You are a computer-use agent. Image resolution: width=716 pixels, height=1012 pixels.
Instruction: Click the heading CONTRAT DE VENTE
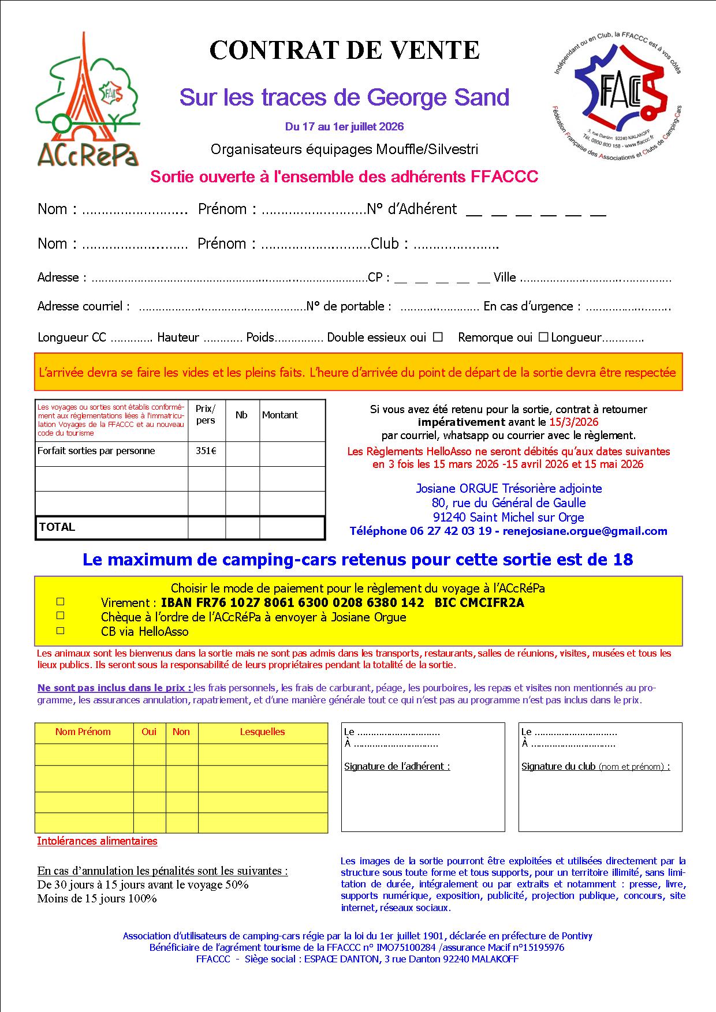[345, 51]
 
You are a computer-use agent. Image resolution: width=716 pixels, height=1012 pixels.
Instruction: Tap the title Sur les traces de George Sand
[344, 98]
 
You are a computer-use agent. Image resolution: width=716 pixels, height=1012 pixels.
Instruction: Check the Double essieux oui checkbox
[438, 336]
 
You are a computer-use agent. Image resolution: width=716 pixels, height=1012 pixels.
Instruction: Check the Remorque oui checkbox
[543, 336]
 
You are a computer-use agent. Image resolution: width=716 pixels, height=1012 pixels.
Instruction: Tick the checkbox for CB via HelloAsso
[61, 631]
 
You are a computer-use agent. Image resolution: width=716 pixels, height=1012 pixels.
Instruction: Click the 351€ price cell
[206, 451]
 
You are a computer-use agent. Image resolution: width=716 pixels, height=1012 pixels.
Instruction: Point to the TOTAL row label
[57, 527]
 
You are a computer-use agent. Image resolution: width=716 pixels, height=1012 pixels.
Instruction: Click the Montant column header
[280, 415]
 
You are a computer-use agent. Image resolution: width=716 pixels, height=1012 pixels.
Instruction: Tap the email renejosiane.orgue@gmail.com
[585, 531]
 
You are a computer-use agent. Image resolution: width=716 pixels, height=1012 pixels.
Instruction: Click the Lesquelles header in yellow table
[262, 732]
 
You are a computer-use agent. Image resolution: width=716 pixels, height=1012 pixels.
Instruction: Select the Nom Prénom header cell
[83, 732]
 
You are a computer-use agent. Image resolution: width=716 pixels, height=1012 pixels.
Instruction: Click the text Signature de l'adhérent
[397, 766]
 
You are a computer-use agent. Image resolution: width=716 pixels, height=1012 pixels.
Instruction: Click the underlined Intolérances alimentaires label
[97, 841]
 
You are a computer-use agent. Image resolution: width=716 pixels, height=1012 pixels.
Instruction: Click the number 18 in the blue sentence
[623, 560]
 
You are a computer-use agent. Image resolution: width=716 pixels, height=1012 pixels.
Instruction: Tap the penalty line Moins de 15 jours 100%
[97, 898]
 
